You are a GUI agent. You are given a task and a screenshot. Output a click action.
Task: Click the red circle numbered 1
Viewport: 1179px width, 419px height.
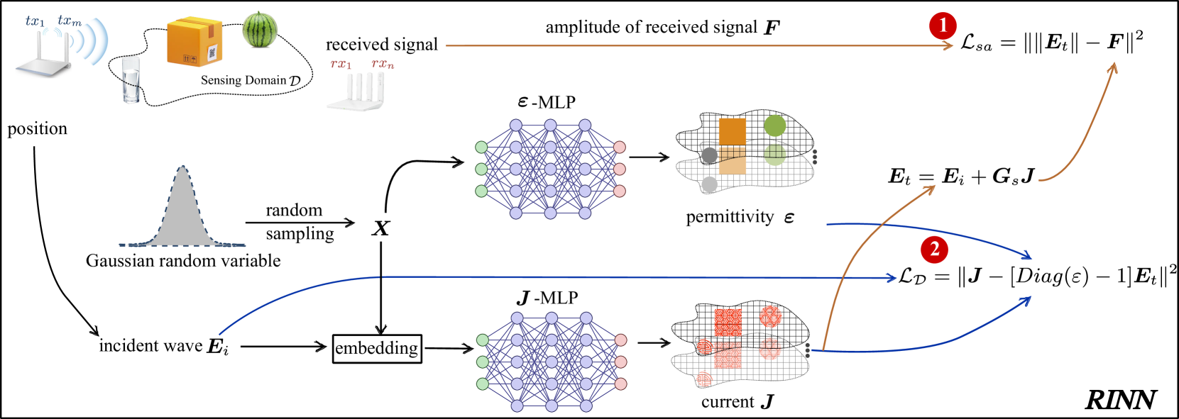(943, 26)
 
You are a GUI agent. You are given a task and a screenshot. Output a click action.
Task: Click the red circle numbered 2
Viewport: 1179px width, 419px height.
(934, 249)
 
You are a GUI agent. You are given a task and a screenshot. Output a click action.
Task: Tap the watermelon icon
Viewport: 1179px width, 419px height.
(260, 30)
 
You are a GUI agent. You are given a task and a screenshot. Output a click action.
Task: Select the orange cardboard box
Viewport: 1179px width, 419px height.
(194, 42)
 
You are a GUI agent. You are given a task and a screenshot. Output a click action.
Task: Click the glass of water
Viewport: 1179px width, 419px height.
(131, 79)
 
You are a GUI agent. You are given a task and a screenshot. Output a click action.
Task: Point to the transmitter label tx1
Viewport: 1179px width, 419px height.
(35, 21)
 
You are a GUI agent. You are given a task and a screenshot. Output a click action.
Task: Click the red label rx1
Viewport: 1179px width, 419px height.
(341, 65)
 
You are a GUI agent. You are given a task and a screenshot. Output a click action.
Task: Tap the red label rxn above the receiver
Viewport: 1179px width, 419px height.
(383, 65)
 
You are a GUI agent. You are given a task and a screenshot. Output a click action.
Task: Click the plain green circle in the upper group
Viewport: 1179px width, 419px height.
(775, 125)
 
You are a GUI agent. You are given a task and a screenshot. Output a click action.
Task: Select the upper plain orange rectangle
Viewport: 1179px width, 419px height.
(732, 131)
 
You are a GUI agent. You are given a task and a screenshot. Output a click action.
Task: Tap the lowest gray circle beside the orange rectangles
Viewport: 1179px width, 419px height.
(709, 184)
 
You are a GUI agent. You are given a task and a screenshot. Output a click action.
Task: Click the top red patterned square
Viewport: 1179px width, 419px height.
(728, 322)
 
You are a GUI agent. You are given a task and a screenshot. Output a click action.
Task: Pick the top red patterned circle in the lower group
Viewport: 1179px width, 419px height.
(770, 316)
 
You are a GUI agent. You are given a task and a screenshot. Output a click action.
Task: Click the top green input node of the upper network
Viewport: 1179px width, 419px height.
(481, 147)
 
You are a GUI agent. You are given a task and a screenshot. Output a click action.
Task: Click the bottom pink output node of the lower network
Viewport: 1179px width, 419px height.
(620, 384)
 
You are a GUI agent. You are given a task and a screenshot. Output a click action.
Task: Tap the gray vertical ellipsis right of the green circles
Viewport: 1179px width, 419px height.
(814, 157)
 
